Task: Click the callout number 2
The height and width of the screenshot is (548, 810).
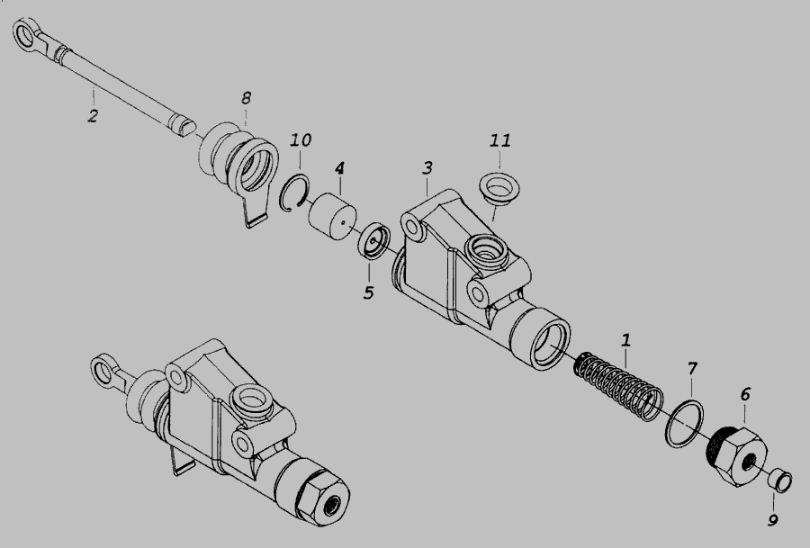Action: pyautogui.click(x=93, y=116)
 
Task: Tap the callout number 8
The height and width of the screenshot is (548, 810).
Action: pyautogui.click(x=246, y=97)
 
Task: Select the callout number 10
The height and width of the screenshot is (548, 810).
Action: pyautogui.click(x=301, y=140)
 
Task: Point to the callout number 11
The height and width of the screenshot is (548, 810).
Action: pyautogui.click(x=500, y=140)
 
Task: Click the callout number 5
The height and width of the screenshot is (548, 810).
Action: pyautogui.click(x=368, y=292)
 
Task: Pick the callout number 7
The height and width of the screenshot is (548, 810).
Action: pyautogui.click(x=692, y=369)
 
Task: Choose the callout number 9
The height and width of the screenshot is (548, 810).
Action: pyautogui.click(x=773, y=519)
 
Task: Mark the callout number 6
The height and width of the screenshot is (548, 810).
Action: pyautogui.click(x=745, y=395)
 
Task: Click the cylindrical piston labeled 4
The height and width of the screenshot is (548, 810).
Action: pyautogui.click(x=332, y=217)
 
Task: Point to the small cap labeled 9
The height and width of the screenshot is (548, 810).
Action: pyautogui.click(x=779, y=481)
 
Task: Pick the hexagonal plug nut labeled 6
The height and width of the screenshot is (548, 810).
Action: pyautogui.click(x=735, y=456)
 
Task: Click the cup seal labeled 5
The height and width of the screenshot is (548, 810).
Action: pyautogui.click(x=374, y=240)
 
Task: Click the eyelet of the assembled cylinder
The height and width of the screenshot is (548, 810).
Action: pyautogui.click(x=103, y=370)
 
